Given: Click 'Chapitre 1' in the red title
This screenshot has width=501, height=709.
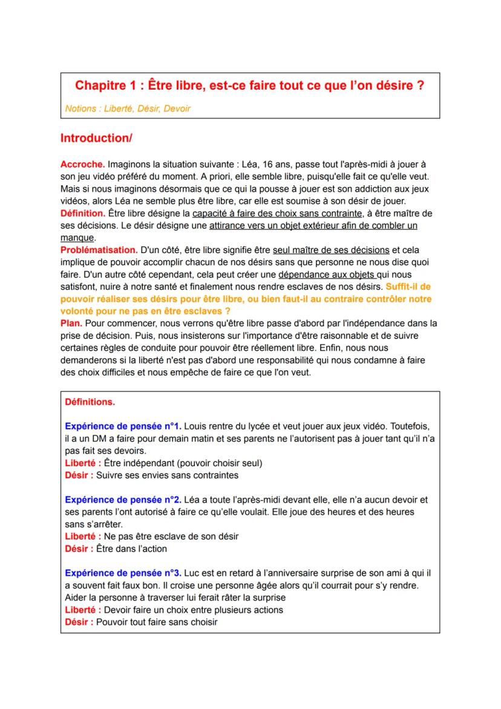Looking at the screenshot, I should pyautogui.click(x=105, y=86).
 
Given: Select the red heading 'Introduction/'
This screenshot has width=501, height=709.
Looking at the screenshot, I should pyautogui.click(x=96, y=138).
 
